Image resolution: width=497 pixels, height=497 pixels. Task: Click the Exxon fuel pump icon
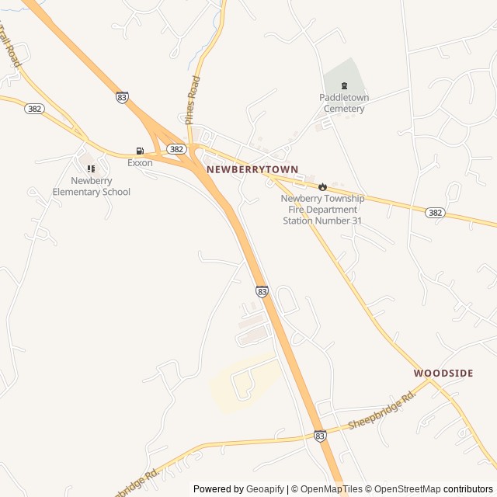coord(140,151)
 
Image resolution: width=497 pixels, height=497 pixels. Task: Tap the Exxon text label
coord(140,163)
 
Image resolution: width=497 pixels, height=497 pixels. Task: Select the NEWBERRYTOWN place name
coord(252,169)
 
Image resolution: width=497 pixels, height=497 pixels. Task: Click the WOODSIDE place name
coord(443,374)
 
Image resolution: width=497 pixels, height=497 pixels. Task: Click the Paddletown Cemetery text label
coord(344,103)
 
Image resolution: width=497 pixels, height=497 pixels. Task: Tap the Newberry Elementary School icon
coord(91,169)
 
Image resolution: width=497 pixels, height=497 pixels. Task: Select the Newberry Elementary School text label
coord(91,186)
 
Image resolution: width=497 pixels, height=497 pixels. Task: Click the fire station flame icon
coord(322,186)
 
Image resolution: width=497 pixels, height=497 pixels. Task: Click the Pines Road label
coord(192,100)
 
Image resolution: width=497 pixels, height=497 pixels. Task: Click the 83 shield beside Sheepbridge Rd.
coord(320,436)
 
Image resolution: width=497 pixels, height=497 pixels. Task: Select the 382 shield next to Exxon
coord(176,148)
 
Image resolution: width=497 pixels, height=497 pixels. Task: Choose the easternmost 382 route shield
coord(436,212)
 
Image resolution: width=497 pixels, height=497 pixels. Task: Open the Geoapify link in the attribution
coord(266,489)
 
